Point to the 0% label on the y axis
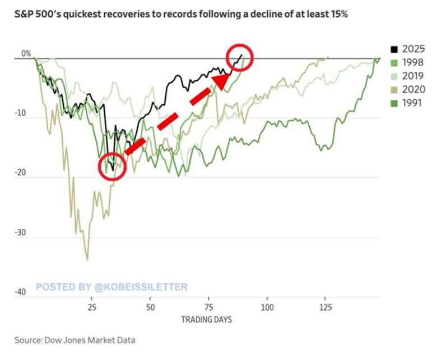[27, 54]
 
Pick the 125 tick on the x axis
[326, 308]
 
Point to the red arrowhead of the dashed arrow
[222, 81]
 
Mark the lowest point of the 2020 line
[87, 260]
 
